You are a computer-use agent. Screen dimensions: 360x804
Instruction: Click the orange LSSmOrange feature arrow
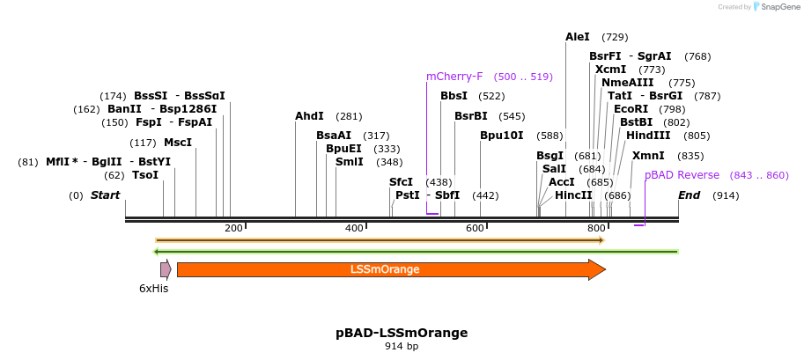(385, 269)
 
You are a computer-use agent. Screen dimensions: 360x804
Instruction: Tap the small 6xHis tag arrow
(166, 269)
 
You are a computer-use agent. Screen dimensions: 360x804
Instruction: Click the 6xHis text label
(153, 288)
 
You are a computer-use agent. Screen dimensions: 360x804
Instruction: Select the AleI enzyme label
(578, 37)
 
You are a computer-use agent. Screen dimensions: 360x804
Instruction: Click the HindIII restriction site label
(648, 136)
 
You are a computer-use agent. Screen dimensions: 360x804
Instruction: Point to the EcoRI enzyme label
(631, 109)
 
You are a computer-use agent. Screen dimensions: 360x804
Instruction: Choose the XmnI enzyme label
(648, 156)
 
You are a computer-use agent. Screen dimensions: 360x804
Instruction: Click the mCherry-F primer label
(454, 77)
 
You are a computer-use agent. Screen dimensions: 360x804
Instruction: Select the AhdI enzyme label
(309, 116)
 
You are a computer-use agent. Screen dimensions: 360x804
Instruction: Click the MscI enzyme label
(178, 143)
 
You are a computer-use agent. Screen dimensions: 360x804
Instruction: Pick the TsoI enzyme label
(145, 175)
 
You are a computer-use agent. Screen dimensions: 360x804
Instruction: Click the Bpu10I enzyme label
(501, 136)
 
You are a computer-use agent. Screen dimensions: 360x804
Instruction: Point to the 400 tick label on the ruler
(354, 229)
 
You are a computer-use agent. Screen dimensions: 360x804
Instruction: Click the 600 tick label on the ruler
(475, 229)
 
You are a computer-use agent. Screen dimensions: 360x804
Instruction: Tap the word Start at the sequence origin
(105, 195)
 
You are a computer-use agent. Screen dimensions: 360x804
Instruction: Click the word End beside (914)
(690, 195)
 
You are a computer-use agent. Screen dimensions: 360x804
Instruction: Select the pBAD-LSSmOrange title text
(402, 333)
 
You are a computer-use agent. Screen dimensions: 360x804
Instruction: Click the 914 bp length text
(402, 347)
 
